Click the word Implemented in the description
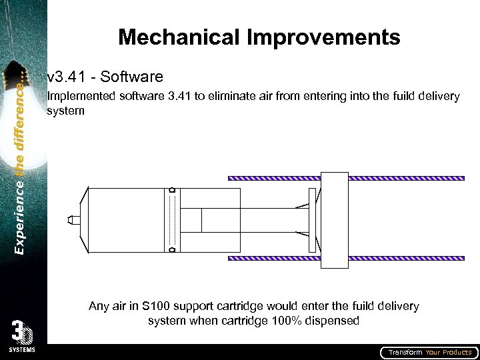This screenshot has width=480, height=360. point(82,97)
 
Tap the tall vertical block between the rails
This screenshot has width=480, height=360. point(335,220)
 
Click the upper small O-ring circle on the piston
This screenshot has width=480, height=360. point(172,191)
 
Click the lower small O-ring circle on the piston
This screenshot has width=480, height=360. point(172,250)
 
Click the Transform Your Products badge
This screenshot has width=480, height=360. point(429,352)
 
